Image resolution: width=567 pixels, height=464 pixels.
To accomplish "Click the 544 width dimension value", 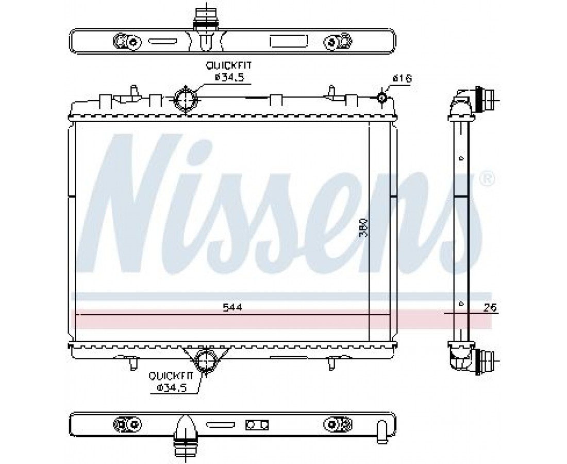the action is tap(232, 308).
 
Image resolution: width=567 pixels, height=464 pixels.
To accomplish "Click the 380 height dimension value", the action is tap(364, 228).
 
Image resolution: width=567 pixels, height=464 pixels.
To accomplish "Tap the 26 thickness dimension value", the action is tap(490, 308).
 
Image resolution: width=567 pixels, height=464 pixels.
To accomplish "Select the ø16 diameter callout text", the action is tap(402, 78).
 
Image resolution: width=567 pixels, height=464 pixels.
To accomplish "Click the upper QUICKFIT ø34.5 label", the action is tap(228, 71).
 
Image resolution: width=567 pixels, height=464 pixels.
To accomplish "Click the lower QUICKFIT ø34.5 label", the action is tap(172, 382).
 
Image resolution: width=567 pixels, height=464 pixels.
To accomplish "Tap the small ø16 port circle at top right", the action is tap(382, 97).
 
